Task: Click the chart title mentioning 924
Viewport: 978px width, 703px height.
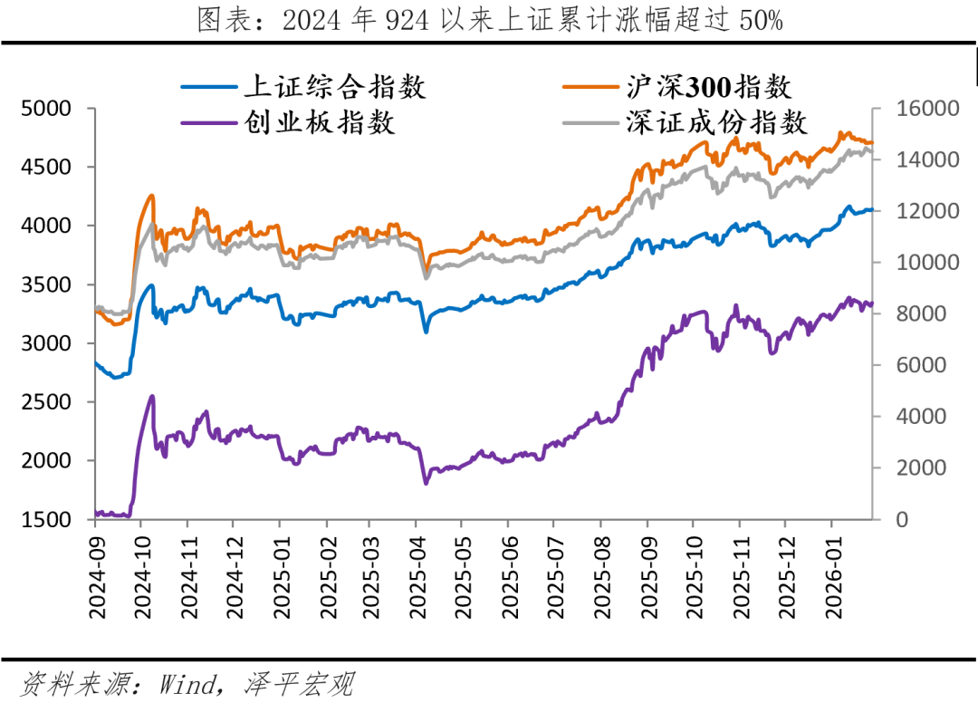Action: (x=489, y=20)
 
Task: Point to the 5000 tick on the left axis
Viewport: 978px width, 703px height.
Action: (x=45, y=109)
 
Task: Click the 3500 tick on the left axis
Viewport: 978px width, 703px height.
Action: (x=45, y=284)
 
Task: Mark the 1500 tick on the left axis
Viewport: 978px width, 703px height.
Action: (x=45, y=519)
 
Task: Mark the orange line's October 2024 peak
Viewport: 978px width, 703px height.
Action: (x=151, y=195)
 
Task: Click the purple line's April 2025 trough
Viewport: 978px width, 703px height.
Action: (x=427, y=483)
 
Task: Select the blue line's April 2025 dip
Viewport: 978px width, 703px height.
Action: (x=426, y=332)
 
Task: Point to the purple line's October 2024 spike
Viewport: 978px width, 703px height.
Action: (x=151, y=396)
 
